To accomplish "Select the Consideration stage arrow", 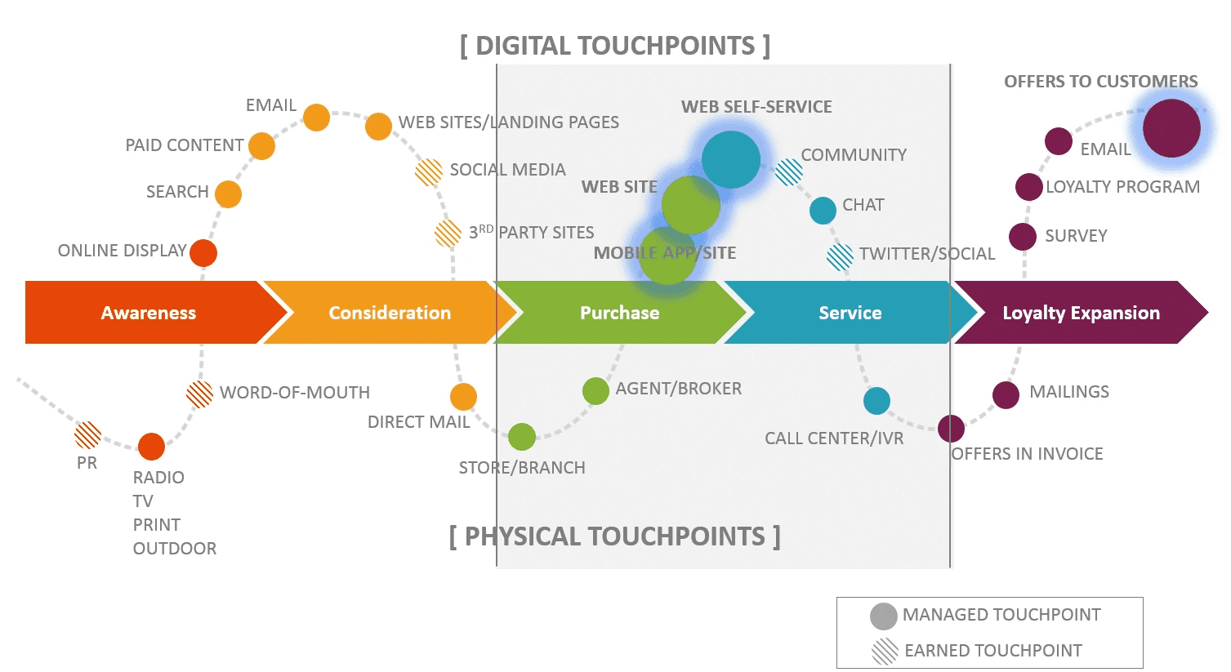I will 389,313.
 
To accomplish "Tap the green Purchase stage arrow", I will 619,313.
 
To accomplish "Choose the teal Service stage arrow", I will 850,313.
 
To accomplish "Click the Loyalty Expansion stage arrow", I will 1080,313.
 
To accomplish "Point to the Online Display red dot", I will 203,253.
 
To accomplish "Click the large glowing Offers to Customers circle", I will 1171,128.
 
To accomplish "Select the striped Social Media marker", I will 429,171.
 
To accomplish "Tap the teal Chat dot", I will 823,210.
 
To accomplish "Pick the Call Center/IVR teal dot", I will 876,401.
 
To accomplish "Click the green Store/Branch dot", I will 522,437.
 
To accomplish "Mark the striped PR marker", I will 88,435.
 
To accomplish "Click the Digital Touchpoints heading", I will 615,46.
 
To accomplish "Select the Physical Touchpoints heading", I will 614,536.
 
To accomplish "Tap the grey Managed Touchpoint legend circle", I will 884,616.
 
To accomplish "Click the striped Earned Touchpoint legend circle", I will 885,652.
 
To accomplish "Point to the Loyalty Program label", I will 1122,187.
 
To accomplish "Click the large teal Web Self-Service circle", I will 731,159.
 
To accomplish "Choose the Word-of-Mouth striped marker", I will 200,394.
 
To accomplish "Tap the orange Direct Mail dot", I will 463,397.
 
